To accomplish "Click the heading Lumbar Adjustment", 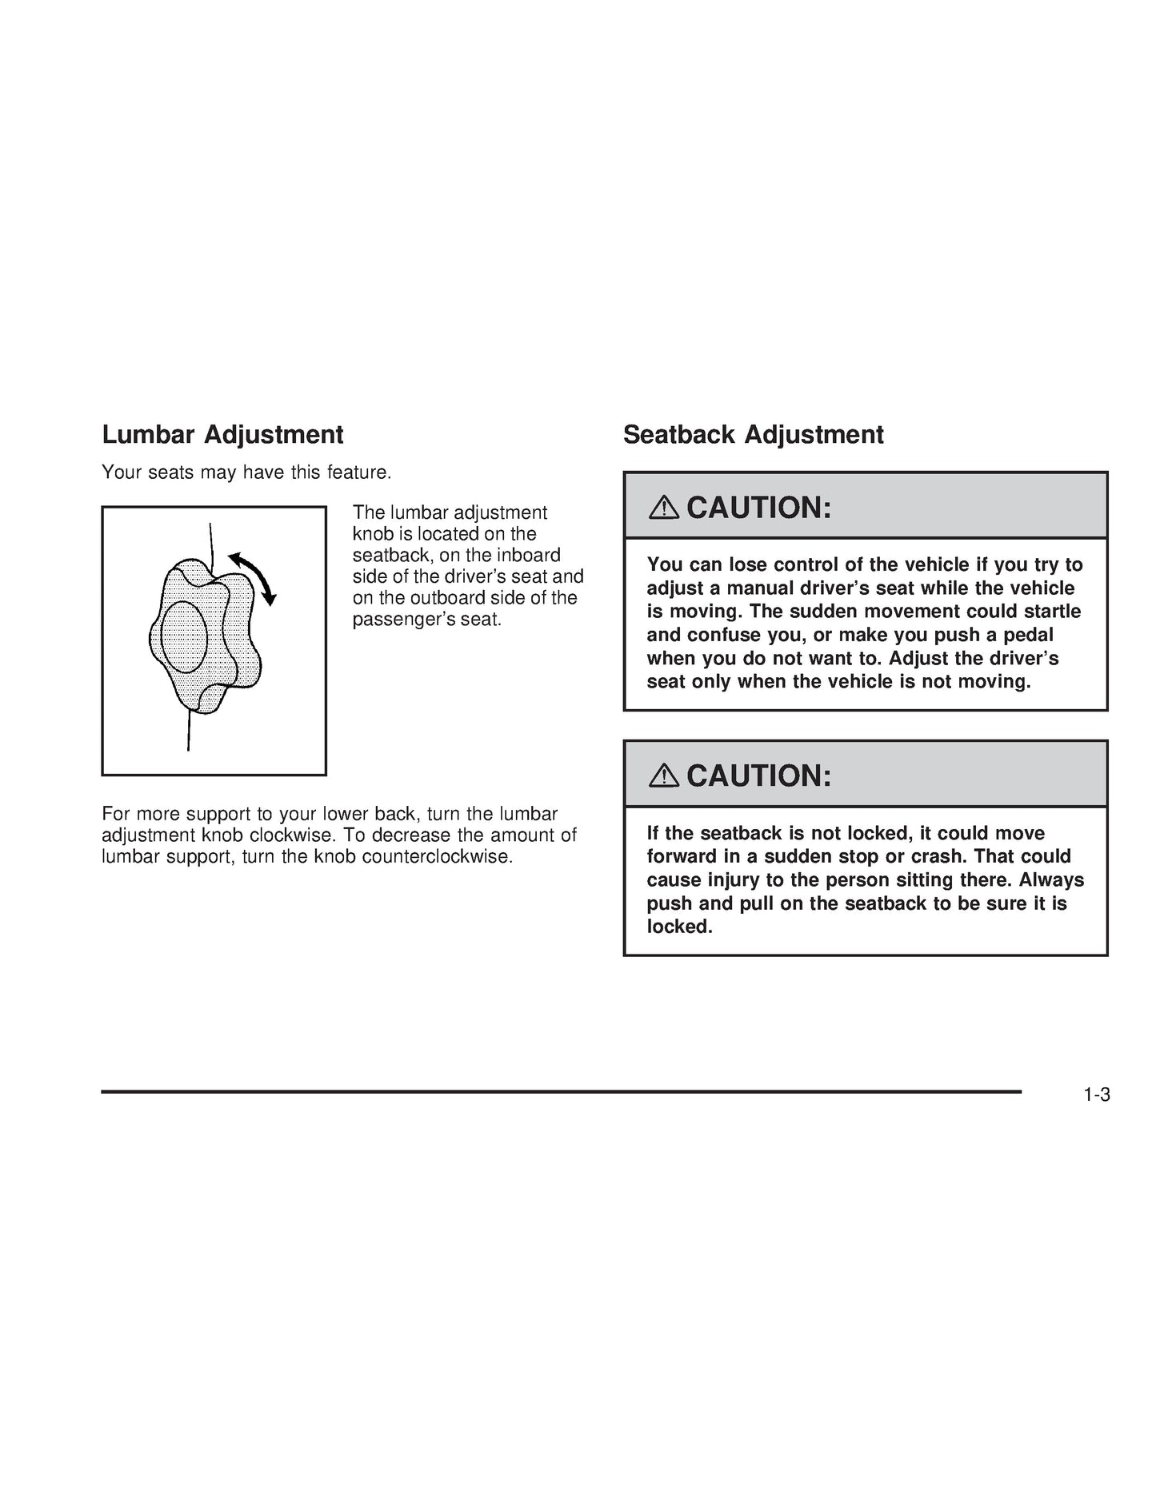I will tap(222, 435).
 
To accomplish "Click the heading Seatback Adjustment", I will tap(753, 435).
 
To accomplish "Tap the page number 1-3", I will tap(1097, 1095).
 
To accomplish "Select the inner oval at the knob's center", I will tap(185, 637).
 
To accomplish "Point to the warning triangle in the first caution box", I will tap(664, 507).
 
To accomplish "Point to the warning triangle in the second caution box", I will tap(664, 775).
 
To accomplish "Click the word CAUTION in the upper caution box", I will tap(758, 508).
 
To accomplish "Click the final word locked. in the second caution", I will tap(679, 927).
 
